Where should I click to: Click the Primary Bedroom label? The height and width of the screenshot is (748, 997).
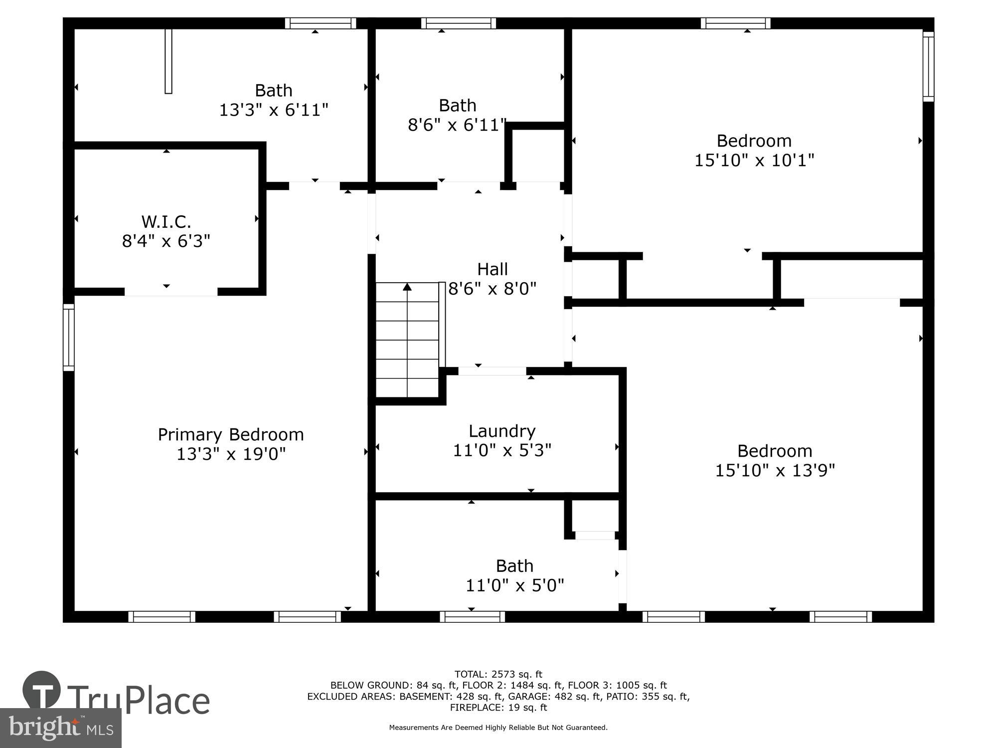click(231, 434)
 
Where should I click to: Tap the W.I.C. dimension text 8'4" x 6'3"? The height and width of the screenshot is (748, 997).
click(166, 241)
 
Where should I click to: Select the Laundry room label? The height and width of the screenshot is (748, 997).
click(502, 431)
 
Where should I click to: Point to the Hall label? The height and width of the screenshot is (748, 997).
click(493, 269)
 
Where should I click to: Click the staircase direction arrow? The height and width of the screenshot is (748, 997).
click(407, 287)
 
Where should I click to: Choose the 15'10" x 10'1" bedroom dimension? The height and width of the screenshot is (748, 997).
click(754, 161)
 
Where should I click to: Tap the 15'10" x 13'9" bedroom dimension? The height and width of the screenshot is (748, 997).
click(775, 470)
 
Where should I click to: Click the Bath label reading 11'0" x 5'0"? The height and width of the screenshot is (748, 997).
click(514, 566)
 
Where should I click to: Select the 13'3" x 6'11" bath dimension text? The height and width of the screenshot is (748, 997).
click(274, 110)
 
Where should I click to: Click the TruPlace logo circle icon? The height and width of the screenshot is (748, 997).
click(42, 691)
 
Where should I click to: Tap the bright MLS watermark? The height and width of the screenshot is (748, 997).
click(61, 728)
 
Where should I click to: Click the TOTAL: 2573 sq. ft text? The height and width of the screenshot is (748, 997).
click(498, 675)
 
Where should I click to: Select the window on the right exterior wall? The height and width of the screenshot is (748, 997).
click(928, 67)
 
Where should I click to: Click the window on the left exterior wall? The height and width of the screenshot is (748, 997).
click(69, 337)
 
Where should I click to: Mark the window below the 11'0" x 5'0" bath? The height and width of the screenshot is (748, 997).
click(472, 617)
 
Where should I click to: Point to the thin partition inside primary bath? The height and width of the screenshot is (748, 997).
click(168, 61)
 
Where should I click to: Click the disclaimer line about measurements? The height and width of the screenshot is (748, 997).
click(498, 728)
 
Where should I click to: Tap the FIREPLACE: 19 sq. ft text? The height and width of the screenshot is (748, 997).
click(498, 707)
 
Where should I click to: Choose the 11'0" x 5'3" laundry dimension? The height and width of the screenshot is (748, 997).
click(502, 450)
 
